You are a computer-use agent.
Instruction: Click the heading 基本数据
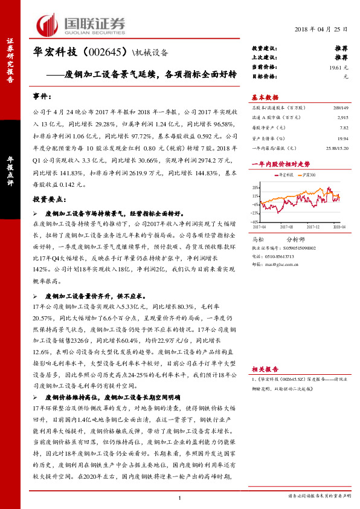coord(265,97)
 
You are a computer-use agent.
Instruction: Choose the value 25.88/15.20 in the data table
coord(336,148)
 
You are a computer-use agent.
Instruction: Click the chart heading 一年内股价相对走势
coord(280,163)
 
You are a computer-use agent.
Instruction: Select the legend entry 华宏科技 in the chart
coord(285,175)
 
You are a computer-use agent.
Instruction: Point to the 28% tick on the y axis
coord(256,187)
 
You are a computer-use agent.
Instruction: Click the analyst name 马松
coord(258,239)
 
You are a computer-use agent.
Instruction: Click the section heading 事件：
coord(40,97)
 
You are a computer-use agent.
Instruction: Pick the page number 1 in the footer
coord(179,497)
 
